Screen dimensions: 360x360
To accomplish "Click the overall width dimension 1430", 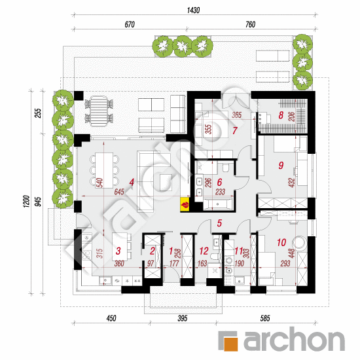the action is click(x=193, y=10).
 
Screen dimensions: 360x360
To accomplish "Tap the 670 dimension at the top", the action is click(x=130, y=25).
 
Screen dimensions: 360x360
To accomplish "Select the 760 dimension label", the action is click(x=250, y=25).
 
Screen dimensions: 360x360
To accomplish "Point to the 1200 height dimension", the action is click(x=27, y=202).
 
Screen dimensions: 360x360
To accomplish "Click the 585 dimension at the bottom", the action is click(x=265, y=318).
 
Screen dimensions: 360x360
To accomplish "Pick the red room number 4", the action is click(x=132, y=183).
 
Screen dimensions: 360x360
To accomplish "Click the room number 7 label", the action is click(x=234, y=131).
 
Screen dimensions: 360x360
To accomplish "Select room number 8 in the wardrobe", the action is click(x=281, y=115).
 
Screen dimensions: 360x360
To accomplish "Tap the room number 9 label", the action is click(x=281, y=166).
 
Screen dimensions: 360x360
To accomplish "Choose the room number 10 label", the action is click(x=281, y=242).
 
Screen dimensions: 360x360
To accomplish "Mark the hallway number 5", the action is click(x=219, y=223).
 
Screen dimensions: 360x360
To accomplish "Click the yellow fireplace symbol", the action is click(x=185, y=204).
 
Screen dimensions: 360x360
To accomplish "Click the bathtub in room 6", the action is click(x=218, y=204).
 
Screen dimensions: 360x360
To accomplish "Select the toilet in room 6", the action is click(x=226, y=168).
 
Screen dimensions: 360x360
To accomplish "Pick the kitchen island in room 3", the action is click(x=120, y=247).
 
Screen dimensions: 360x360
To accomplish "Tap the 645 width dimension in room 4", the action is click(x=119, y=192).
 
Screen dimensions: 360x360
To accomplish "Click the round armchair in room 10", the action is click(x=299, y=243).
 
